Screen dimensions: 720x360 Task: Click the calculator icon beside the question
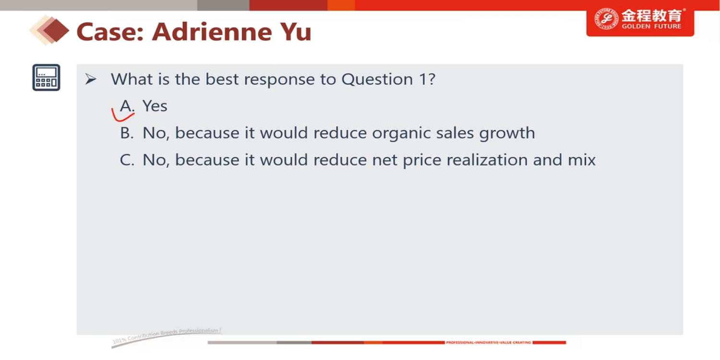pos(46,77)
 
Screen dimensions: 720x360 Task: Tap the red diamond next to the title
pos(56,31)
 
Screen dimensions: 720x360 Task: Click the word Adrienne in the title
pos(212,32)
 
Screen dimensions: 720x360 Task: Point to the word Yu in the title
pos(296,32)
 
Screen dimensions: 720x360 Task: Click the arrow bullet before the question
pos(91,79)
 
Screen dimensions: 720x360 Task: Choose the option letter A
pos(127,106)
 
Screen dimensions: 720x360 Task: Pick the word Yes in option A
pos(155,106)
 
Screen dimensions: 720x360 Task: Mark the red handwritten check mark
pos(122,116)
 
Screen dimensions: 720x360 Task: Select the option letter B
pos(127,133)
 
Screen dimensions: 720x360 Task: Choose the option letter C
pos(127,160)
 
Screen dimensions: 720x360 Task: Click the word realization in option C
pos(465,160)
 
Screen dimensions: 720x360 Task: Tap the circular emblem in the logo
pos(606,19)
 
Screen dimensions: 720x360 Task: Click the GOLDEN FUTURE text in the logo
pos(651,26)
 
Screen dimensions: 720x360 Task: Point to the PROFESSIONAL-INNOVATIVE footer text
pos(488,342)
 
